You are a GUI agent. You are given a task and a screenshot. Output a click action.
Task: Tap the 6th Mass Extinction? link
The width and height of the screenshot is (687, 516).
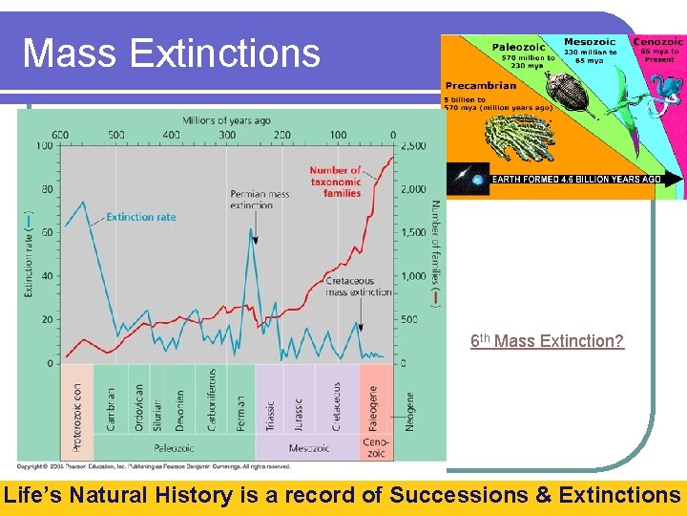(547, 340)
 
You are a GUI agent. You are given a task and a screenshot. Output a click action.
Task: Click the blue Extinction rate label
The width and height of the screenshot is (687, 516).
(140, 217)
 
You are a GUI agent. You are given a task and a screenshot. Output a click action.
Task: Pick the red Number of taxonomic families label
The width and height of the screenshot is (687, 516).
(335, 182)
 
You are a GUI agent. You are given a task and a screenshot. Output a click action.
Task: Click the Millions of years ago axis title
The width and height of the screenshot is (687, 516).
(226, 120)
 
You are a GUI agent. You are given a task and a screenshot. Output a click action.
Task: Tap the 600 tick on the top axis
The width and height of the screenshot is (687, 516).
(61, 135)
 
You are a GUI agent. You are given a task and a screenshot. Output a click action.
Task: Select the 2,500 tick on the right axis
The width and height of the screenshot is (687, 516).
(412, 146)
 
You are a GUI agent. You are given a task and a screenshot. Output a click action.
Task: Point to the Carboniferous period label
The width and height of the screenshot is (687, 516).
(211, 399)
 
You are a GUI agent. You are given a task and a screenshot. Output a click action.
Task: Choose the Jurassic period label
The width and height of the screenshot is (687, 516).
(298, 413)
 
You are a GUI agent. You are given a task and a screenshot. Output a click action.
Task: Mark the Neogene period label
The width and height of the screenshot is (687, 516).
(410, 411)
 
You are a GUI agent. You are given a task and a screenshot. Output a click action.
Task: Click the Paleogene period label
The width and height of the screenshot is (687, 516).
(374, 406)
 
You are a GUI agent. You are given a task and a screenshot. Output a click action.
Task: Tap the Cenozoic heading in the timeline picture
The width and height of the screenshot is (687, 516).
(657, 42)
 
